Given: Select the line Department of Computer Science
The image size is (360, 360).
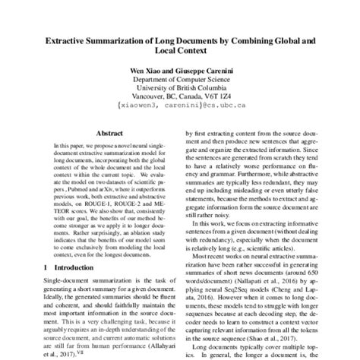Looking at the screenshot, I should pyautogui.click(x=179, y=77).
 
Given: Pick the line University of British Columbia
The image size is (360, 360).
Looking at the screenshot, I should pyautogui.click(x=179, y=87).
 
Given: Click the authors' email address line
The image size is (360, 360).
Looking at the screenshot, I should pyautogui.click(x=179, y=109).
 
